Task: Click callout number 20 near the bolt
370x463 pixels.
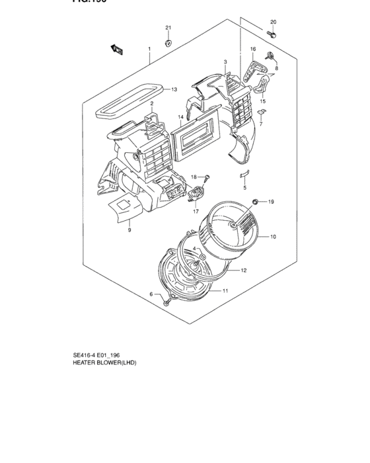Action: click(x=274, y=22)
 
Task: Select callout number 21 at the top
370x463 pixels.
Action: click(x=168, y=27)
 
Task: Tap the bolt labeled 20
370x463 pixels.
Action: click(x=272, y=32)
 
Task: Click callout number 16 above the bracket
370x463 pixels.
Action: click(x=252, y=50)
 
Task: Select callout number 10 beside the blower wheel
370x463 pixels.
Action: click(x=273, y=236)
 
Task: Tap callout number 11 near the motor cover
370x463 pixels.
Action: click(x=225, y=291)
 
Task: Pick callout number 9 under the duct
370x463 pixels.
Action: click(x=129, y=230)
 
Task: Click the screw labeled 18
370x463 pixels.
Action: click(x=207, y=175)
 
